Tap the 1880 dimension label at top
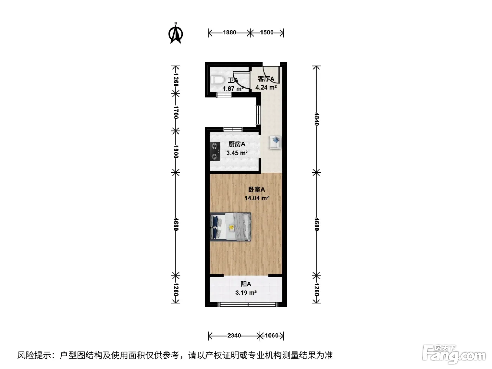[x=229, y=33]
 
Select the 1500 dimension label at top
[x=267, y=33]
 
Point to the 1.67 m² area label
[x=233, y=89]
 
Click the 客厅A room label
[x=266, y=79]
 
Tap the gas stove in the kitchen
[x=215, y=151]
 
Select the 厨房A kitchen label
[x=237, y=144]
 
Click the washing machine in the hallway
[x=276, y=142]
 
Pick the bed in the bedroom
[x=231, y=227]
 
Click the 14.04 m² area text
[x=257, y=198]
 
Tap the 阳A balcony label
[x=246, y=284]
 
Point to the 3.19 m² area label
[x=246, y=293]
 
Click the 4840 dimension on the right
[x=317, y=119]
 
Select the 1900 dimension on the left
[x=176, y=152]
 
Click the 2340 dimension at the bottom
[x=234, y=335]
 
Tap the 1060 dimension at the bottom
[x=272, y=335]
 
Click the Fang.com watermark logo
[x=454, y=355]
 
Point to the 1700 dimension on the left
[x=176, y=112]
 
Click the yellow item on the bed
[x=231, y=228]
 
